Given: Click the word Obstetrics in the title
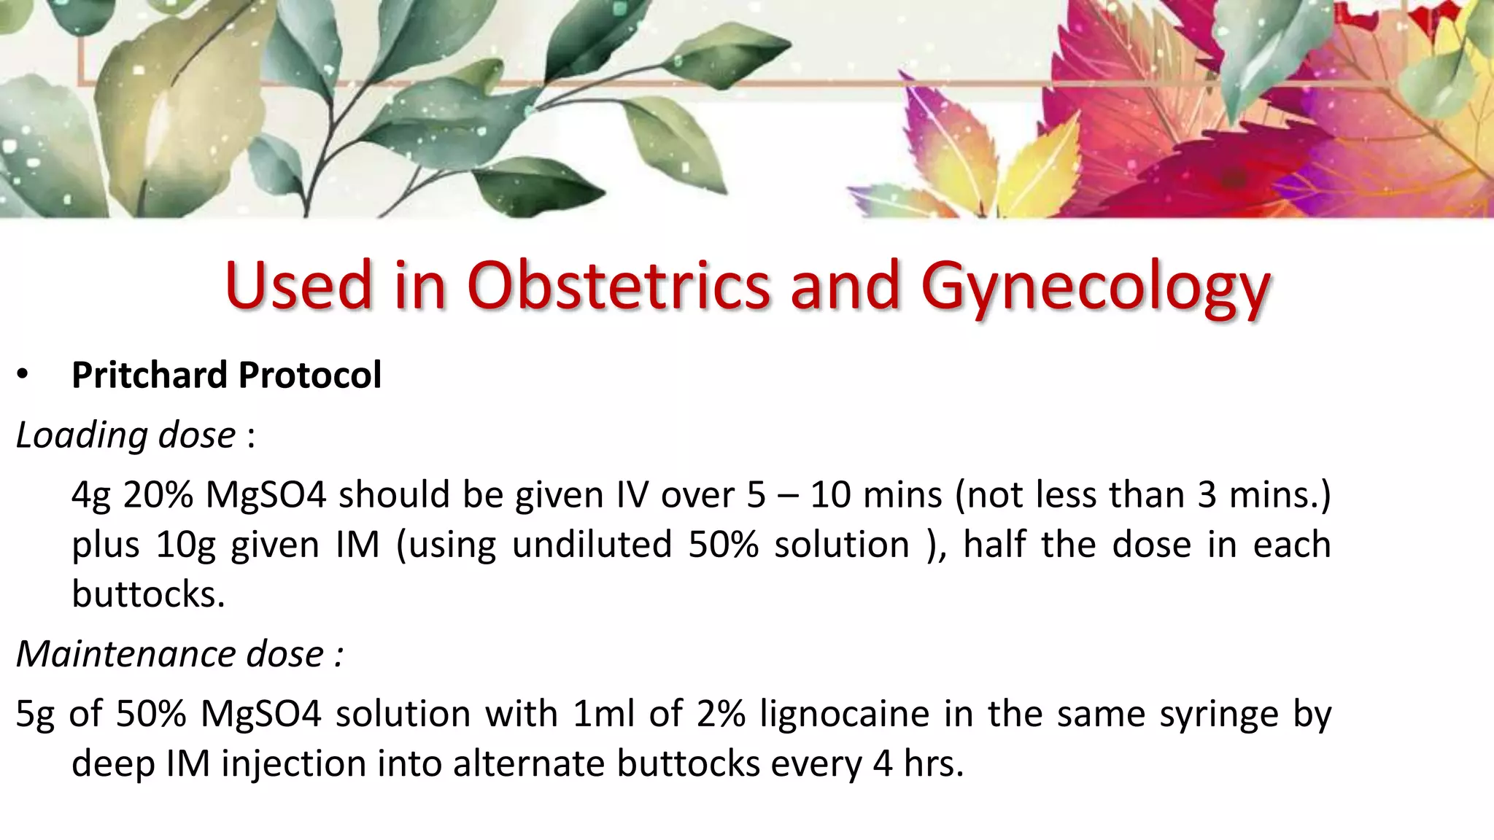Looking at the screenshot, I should point(619,286).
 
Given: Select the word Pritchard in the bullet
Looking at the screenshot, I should point(150,376).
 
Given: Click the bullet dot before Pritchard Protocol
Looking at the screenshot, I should point(23,375).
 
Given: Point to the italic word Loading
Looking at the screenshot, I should point(80,435).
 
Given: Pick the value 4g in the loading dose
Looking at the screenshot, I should point(90,496).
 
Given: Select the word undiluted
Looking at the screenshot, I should point(592,545).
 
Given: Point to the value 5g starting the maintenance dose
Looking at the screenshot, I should point(34,715).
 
